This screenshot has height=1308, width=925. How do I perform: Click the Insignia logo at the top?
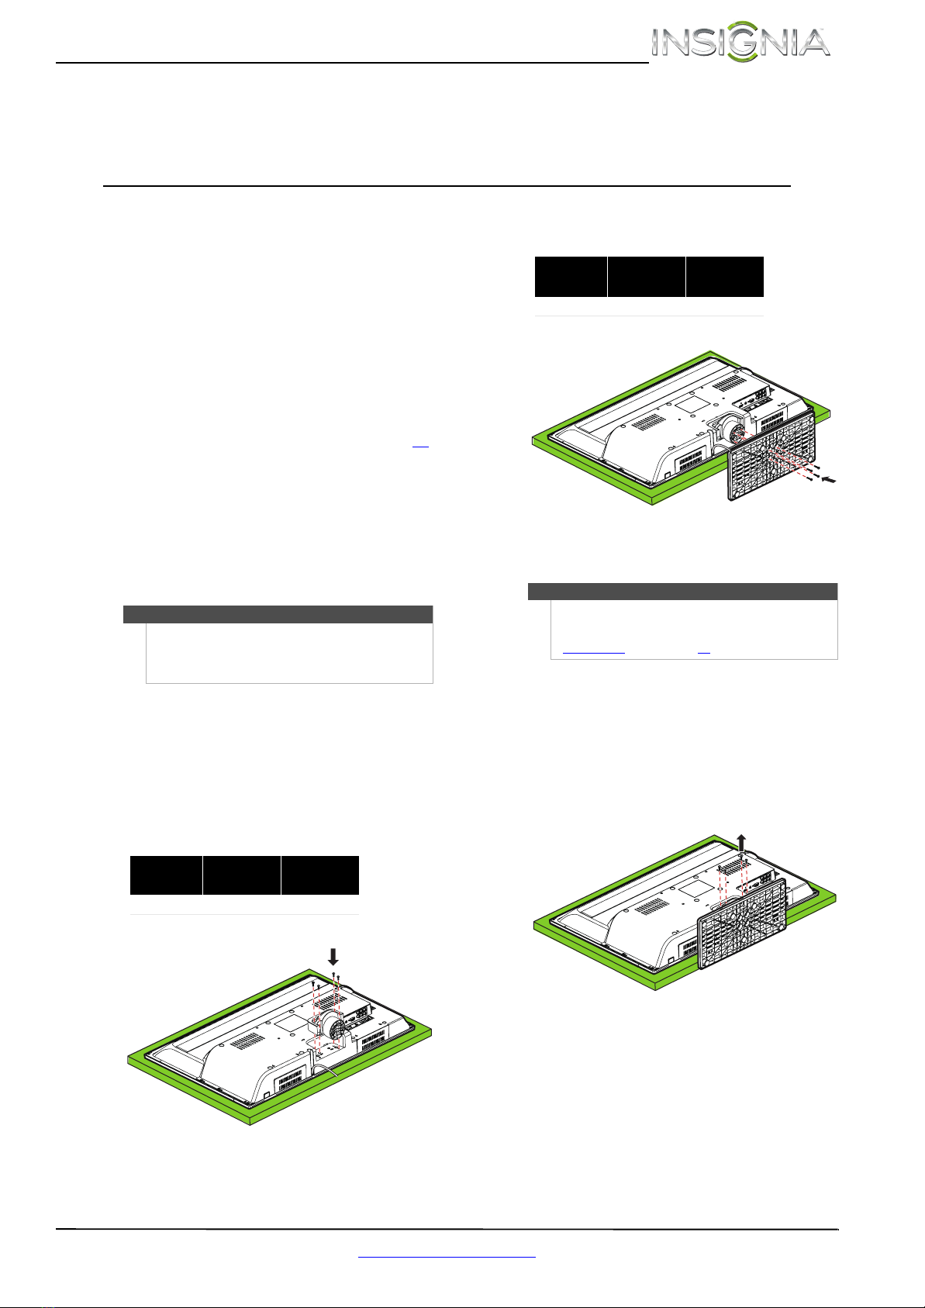[x=740, y=41]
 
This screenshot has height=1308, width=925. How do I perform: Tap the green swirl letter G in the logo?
[x=743, y=41]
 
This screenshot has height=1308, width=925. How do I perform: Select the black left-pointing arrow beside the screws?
[x=829, y=480]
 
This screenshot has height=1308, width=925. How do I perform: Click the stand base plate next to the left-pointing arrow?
[x=771, y=455]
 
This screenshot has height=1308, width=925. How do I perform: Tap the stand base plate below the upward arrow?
[x=742, y=923]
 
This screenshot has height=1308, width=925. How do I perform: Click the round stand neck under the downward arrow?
[x=332, y=1025]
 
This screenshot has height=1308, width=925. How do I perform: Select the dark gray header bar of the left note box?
[x=278, y=614]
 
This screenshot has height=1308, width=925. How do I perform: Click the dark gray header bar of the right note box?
[x=682, y=591]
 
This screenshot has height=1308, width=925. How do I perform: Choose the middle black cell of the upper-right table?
[x=647, y=276]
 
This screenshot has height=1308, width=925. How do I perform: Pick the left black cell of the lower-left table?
[x=166, y=875]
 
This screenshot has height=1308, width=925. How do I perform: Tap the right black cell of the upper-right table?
[x=725, y=276]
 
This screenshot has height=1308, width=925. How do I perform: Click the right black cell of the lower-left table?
[x=320, y=875]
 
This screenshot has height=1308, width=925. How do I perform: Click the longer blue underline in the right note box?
[x=593, y=652]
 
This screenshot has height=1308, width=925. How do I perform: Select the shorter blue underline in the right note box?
[x=704, y=652]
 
